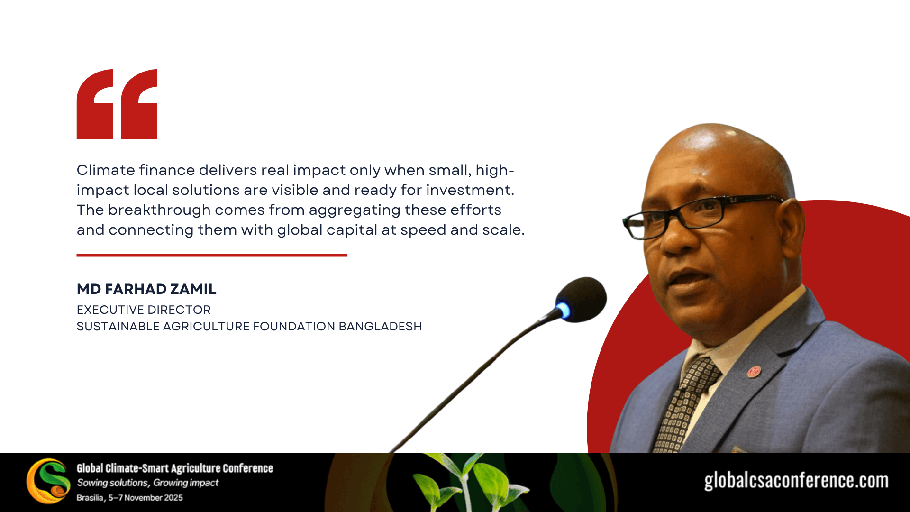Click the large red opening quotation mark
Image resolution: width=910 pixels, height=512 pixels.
pyautogui.click(x=117, y=104)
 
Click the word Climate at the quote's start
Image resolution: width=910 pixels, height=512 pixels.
pyautogui.click(x=106, y=170)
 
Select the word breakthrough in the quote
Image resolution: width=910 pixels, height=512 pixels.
pyautogui.click(x=159, y=210)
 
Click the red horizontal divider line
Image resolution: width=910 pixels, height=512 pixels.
pyautogui.click(x=212, y=255)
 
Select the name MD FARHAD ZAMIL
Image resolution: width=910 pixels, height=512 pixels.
pyautogui.click(x=146, y=289)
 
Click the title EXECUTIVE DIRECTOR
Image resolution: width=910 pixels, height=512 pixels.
pyautogui.click(x=144, y=310)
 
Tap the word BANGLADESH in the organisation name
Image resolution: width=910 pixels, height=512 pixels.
pyautogui.click(x=380, y=326)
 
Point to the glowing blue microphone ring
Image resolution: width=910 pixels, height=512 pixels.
pyautogui.click(x=563, y=310)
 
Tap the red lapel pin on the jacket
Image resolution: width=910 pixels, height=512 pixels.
pyautogui.click(x=754, y=371)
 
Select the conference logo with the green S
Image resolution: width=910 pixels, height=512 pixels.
pyautogui.click(x=48, y=481)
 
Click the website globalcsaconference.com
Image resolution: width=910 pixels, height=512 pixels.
pyautogui.click(x=796, y=481)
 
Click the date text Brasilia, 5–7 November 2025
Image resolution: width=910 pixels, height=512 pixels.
pyautogui.click(x=129, y=498)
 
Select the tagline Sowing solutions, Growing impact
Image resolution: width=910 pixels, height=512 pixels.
pyautogui.click(x=148, y=483)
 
